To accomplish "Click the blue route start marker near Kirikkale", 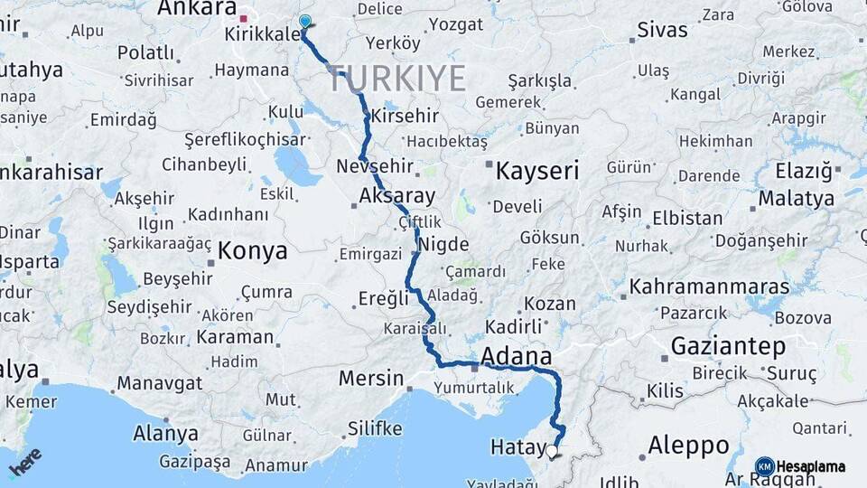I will point(304,22).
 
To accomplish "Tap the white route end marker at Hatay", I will point(552,449).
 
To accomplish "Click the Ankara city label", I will point(197,8).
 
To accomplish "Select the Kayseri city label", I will point(537,170).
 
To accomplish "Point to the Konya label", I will point(253,251).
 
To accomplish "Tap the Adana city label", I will point(517,355).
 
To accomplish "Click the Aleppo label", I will point(689,445).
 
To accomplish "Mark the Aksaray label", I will point(396,195).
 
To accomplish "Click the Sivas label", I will point(662,29).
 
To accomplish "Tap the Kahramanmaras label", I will point(709,287).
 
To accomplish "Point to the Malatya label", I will point(796,198).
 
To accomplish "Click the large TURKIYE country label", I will point(396,79).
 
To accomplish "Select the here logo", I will point(25,461).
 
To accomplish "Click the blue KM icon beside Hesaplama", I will point(764,466).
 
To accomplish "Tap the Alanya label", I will point(165,433).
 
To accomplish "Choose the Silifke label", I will point(374,428).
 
